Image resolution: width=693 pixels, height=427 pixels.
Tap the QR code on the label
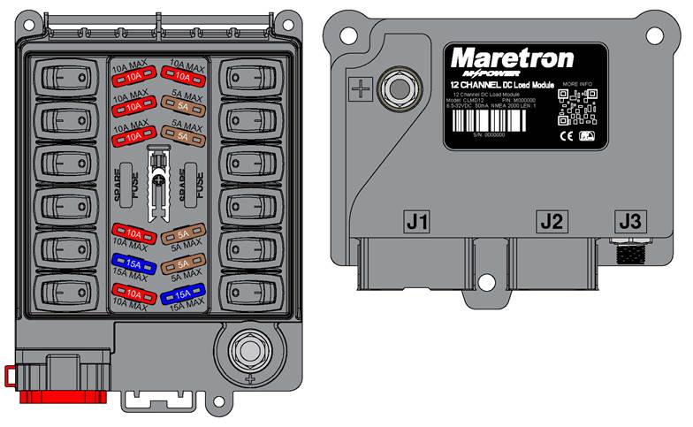pos(575,108)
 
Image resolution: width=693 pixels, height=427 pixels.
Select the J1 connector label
pos(416,221)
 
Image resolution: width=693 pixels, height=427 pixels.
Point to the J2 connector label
pos(552,221)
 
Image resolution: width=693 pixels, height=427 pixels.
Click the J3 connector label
pos(629,221)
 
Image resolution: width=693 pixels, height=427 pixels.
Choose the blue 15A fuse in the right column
pos(184,293)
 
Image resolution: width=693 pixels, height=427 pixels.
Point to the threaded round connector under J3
pos(629,254)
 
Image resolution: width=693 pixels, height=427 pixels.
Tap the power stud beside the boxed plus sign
pos(395,88)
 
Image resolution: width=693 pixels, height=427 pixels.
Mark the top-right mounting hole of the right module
pos(654,34)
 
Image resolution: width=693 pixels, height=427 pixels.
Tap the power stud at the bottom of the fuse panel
pos(250,348)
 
